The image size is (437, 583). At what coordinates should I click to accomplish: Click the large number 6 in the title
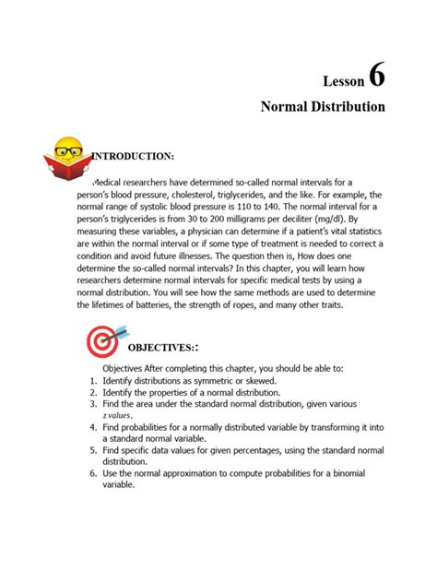pyautogui.click(x=376, y=76)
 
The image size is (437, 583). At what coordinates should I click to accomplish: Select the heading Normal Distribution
pyautogui.click(x=323, y=107)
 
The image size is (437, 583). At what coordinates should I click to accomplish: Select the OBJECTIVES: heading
pyautogui.click(x=162, y=348)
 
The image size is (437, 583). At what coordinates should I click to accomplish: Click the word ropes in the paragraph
pyautogui.click(x=240, y=304)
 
